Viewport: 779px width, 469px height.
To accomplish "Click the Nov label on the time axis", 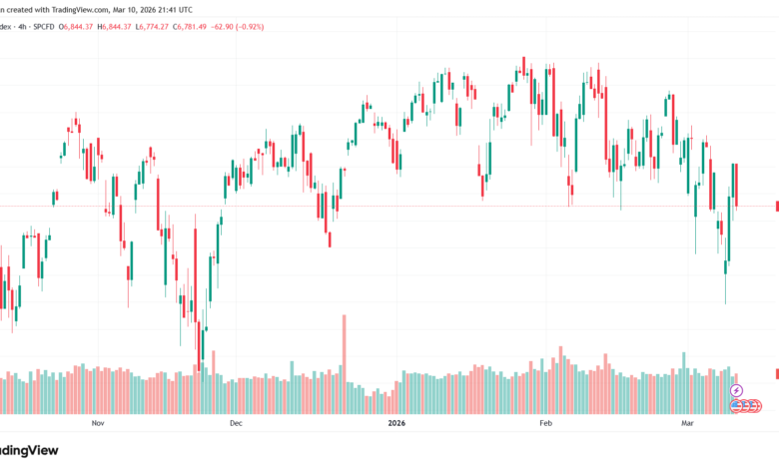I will point(97,423).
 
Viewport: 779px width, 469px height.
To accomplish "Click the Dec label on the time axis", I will point(236,423).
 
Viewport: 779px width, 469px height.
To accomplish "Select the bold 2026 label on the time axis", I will point(396,423).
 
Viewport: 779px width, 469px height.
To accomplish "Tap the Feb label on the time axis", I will point(545,423).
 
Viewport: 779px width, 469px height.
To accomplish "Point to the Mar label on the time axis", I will point(686,423).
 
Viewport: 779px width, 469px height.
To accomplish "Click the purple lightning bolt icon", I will point(736,391).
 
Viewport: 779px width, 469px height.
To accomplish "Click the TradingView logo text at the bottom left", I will point(30,451).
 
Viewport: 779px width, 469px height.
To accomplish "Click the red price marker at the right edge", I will point(776,207).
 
